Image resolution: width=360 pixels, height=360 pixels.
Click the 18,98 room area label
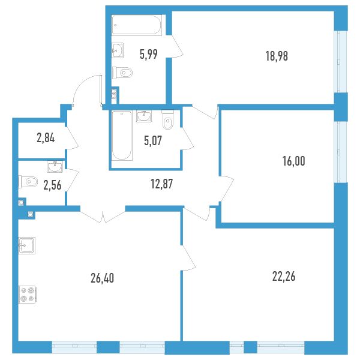pos(277,56)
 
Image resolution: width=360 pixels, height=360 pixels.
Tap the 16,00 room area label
pos(293,161)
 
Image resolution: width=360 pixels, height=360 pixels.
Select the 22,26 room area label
pos(284,276)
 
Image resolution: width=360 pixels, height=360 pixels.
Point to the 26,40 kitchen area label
pos(103,278)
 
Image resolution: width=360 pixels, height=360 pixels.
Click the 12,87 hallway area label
pos(162,184)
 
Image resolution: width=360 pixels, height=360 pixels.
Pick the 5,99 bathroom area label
pos(149,55)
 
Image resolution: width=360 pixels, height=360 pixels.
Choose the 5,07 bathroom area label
pos(153,140)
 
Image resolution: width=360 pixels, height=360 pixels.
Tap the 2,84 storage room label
pos(46,138)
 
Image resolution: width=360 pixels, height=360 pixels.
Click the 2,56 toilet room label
pos(52,185)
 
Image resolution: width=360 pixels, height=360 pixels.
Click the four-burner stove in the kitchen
pos(27,295)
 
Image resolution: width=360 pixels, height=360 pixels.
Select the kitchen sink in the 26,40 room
pos(27,245)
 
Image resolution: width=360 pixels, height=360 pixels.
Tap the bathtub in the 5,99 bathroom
pos(137,25)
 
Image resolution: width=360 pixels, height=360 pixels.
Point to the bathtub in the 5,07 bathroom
pos(122,136)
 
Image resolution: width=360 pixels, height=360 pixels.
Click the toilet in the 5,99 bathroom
pos(122,73)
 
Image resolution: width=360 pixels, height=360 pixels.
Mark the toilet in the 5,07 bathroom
pos(168,119)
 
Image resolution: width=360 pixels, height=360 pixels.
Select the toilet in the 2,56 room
pos(28,182)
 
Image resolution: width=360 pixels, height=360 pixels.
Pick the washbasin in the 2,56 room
pos(55,167)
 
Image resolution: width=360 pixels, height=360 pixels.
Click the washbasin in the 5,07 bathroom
pos(144,116)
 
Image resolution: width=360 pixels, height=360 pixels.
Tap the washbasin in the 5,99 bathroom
pos(118,50)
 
